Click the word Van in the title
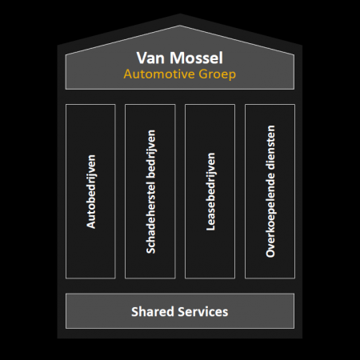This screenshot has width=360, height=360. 150,58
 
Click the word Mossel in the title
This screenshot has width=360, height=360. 196,58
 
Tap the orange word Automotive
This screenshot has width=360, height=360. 159,74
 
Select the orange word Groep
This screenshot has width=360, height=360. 217,75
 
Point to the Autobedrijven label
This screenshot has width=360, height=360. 91,191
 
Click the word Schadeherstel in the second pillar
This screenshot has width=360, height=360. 150,217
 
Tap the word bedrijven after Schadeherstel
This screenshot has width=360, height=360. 151,154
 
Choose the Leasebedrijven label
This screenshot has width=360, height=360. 210,191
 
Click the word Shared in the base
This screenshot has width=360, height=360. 152,311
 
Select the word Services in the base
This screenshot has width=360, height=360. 203,311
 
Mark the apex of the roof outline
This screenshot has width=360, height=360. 180,26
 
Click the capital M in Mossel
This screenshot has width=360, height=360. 176,58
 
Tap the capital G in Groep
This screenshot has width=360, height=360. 203,74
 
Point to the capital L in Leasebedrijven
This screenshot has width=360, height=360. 210,227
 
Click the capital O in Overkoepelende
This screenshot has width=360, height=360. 270,253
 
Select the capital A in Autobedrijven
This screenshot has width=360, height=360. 91,224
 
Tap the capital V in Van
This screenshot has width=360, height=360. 143,58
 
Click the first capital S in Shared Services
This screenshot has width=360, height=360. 135,311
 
